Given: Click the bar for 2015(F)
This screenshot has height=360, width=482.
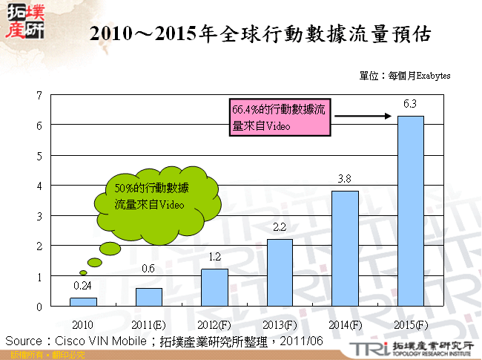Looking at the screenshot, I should tap(411, 211).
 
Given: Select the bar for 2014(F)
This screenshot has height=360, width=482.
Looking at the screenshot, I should tap(346, 248).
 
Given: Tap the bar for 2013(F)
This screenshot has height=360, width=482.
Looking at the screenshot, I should tap(280, 272).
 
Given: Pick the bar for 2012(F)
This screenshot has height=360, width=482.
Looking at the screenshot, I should tap(214, 287).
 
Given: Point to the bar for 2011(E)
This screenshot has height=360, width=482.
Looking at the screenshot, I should tap(148, 297).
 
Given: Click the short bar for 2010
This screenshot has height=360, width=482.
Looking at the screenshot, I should tap(83, 301).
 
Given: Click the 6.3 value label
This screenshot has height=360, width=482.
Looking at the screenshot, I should tap(410, 104).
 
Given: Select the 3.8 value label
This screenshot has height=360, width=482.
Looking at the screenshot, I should tap(345, 179).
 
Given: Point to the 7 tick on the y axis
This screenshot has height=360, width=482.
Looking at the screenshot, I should tap(39, 95).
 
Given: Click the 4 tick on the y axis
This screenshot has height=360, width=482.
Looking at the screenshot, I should tap(39, 186).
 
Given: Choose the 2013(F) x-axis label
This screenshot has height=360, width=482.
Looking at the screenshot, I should tap(280, 324).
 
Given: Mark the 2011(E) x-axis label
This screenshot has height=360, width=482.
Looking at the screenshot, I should tap(148, 324).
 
